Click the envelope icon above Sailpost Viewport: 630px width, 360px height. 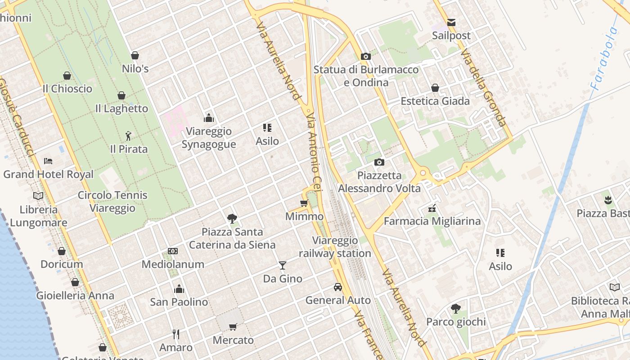(451, 22)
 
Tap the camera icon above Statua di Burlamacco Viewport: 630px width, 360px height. (366, 56)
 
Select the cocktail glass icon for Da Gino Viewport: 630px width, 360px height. (282, 265)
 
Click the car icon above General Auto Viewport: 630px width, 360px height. (338, 287)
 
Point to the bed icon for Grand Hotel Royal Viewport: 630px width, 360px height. (48, 161)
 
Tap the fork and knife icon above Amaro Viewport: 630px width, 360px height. (176, 334)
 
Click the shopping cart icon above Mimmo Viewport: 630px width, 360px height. (304, 203)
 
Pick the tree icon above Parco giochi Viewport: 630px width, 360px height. (456, 308)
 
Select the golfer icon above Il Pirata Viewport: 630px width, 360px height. (129, 135)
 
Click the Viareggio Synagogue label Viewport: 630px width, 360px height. (209, 138)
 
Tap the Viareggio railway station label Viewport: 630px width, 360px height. (335, 247)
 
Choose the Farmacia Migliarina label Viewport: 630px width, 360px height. (432, 221)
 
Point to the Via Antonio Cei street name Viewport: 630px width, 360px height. (314, 153)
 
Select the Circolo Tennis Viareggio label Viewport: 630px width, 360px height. (112, 202)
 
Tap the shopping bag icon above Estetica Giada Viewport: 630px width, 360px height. (435, 88)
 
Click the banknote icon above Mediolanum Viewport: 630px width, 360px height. (173, 251)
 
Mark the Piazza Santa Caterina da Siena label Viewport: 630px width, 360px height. (232, 238)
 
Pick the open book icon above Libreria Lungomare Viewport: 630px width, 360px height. (38, 196)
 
